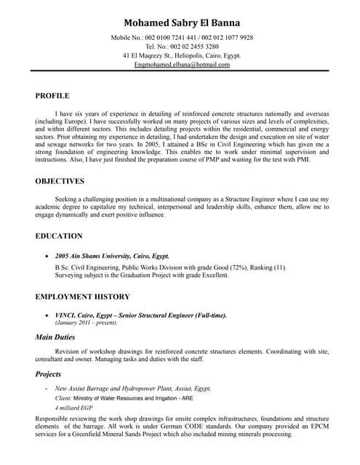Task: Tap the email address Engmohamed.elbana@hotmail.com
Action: coord(182,65)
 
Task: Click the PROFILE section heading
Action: coord(52,95)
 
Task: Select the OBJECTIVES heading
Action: coord(60,181)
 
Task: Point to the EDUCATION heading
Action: coord(59,236)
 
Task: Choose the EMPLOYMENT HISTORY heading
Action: coord(82,296)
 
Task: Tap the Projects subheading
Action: coord(48,374)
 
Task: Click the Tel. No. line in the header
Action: coord(182,46)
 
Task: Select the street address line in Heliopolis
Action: coord(182,55)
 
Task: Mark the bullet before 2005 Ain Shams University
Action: coord(47,256)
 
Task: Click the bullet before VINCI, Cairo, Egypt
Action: coord(47,315)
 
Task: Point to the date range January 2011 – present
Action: coord(86,323)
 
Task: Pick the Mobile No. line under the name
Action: coord(182,37)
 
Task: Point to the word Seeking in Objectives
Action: coord(68,198)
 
